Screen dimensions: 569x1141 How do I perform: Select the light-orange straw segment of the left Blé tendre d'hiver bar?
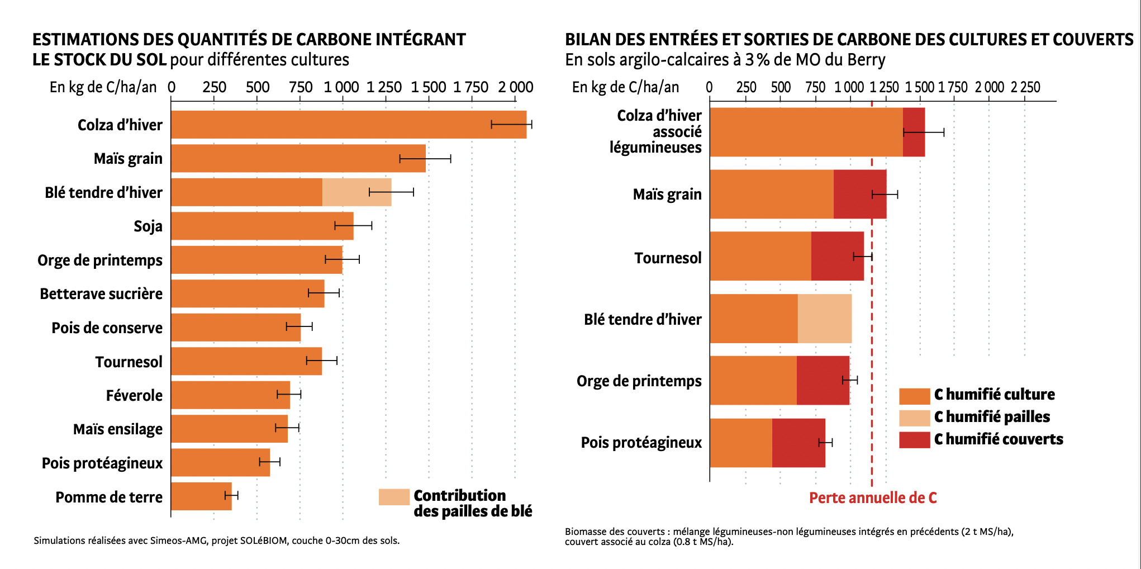coord(356,192)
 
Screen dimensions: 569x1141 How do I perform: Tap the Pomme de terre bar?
coord(201,496)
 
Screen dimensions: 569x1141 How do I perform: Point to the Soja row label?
coord(148,226)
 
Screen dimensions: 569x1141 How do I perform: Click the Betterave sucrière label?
coord(101,294)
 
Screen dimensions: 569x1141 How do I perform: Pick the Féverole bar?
coord(230,395)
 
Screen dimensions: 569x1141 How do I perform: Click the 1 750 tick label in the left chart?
coord(471,87)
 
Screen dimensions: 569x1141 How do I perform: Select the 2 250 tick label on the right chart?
coord(1025,87)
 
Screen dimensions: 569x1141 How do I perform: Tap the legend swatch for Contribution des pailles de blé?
coord(394,497)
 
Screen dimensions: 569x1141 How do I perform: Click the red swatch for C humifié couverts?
coord(914,439)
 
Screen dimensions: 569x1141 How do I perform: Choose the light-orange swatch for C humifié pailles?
coord(914,418)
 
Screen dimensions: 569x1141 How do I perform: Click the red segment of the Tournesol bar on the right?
coord(837,256)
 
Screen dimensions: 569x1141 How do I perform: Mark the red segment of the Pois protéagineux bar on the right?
coord(798,443)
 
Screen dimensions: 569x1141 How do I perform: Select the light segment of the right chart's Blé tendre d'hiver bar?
coord(824,319)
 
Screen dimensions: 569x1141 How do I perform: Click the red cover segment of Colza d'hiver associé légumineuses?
coord(914,132)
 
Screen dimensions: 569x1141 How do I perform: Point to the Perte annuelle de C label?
coord(873,498)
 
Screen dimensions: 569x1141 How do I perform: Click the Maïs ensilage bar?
coord(229,429)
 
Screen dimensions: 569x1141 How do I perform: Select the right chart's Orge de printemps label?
coord(639,381)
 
